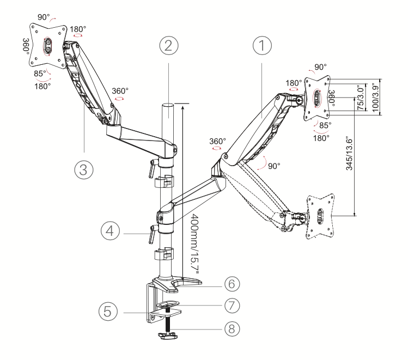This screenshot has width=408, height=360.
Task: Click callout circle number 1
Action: point(262,46)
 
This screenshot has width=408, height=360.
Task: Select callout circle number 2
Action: point(169,46)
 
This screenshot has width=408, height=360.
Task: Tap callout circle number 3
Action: point(84,169)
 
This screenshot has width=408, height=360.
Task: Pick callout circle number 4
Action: point(111,231)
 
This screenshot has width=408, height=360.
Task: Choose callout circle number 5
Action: point(108,311)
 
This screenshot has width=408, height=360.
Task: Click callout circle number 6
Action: point(232,284)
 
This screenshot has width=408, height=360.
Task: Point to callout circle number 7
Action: point(232,306)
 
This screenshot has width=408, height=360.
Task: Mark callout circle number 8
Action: point(232,328)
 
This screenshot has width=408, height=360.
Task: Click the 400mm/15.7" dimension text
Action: point(194,243)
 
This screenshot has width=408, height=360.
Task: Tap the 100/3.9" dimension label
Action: point(375,97)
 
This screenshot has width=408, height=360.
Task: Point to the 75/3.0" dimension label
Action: point(361,97)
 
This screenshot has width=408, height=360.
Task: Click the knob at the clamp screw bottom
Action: point(167,336)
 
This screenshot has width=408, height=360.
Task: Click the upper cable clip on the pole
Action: point(164,181)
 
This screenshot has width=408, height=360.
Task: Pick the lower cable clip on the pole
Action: point(164,254)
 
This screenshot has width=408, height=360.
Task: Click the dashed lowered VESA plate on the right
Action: point(320,216)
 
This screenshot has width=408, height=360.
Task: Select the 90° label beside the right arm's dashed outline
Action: point(274,166)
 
